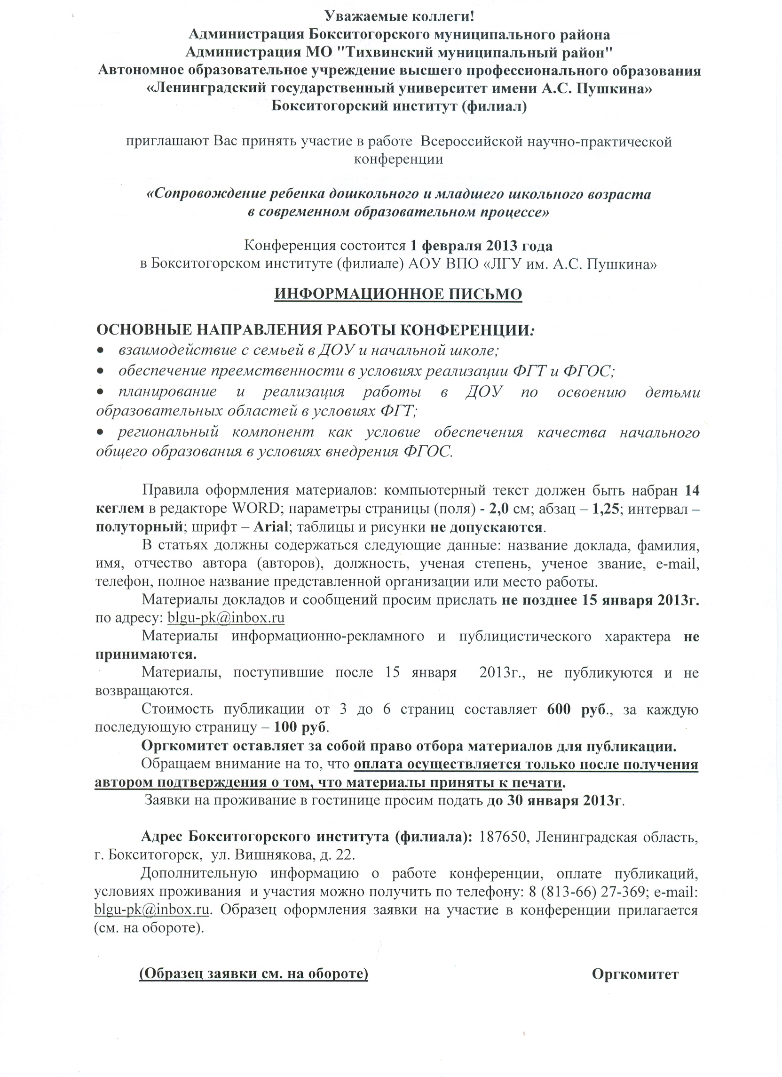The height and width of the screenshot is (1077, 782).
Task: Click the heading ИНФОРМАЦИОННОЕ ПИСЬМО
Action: [398, 294]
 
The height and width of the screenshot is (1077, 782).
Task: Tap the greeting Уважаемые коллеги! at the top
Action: [399, 16]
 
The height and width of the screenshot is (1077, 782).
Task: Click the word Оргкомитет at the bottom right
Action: [635, 961]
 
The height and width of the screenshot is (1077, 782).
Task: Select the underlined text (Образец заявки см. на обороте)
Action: [254, 961]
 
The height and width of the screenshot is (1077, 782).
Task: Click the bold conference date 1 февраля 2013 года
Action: [481, 246]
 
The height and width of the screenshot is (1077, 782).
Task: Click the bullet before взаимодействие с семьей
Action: [100, 351]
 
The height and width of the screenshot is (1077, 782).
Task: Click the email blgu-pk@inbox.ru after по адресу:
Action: [226, 618]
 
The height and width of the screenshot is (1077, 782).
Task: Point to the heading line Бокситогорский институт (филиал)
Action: [399, 106]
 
